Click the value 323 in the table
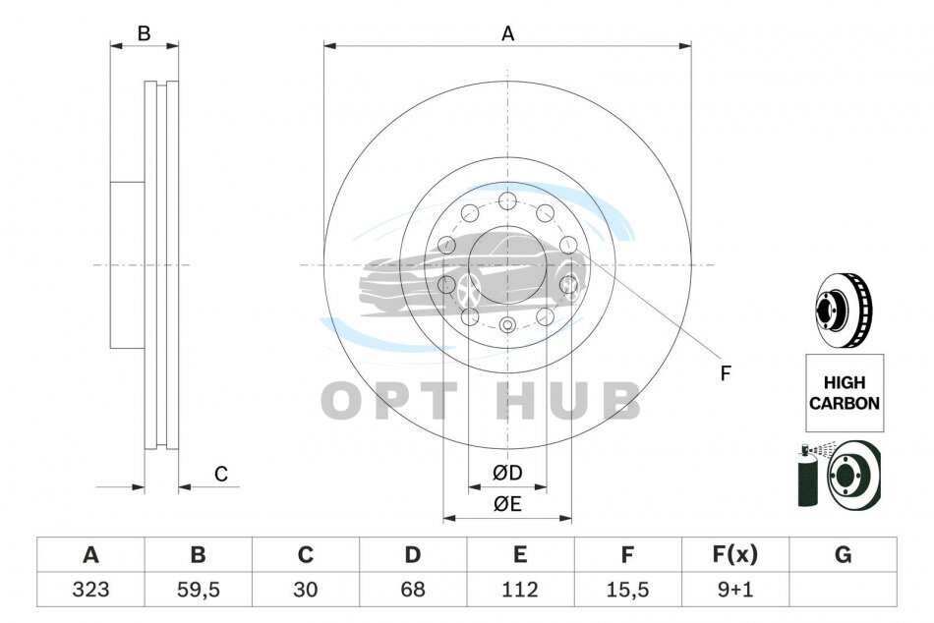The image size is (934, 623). click(90, 590)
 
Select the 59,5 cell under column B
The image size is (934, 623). click(199, 590)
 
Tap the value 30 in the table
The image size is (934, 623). click(306, 590)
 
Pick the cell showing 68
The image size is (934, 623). click(413, 590)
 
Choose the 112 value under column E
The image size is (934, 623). click(520, 590)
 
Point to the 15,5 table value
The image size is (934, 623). click(627, 590)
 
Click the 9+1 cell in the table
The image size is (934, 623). click(735, 590)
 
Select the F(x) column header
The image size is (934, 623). click(735, 554)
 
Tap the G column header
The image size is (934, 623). click(843, 554)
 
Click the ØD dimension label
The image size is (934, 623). click(507, 473)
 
